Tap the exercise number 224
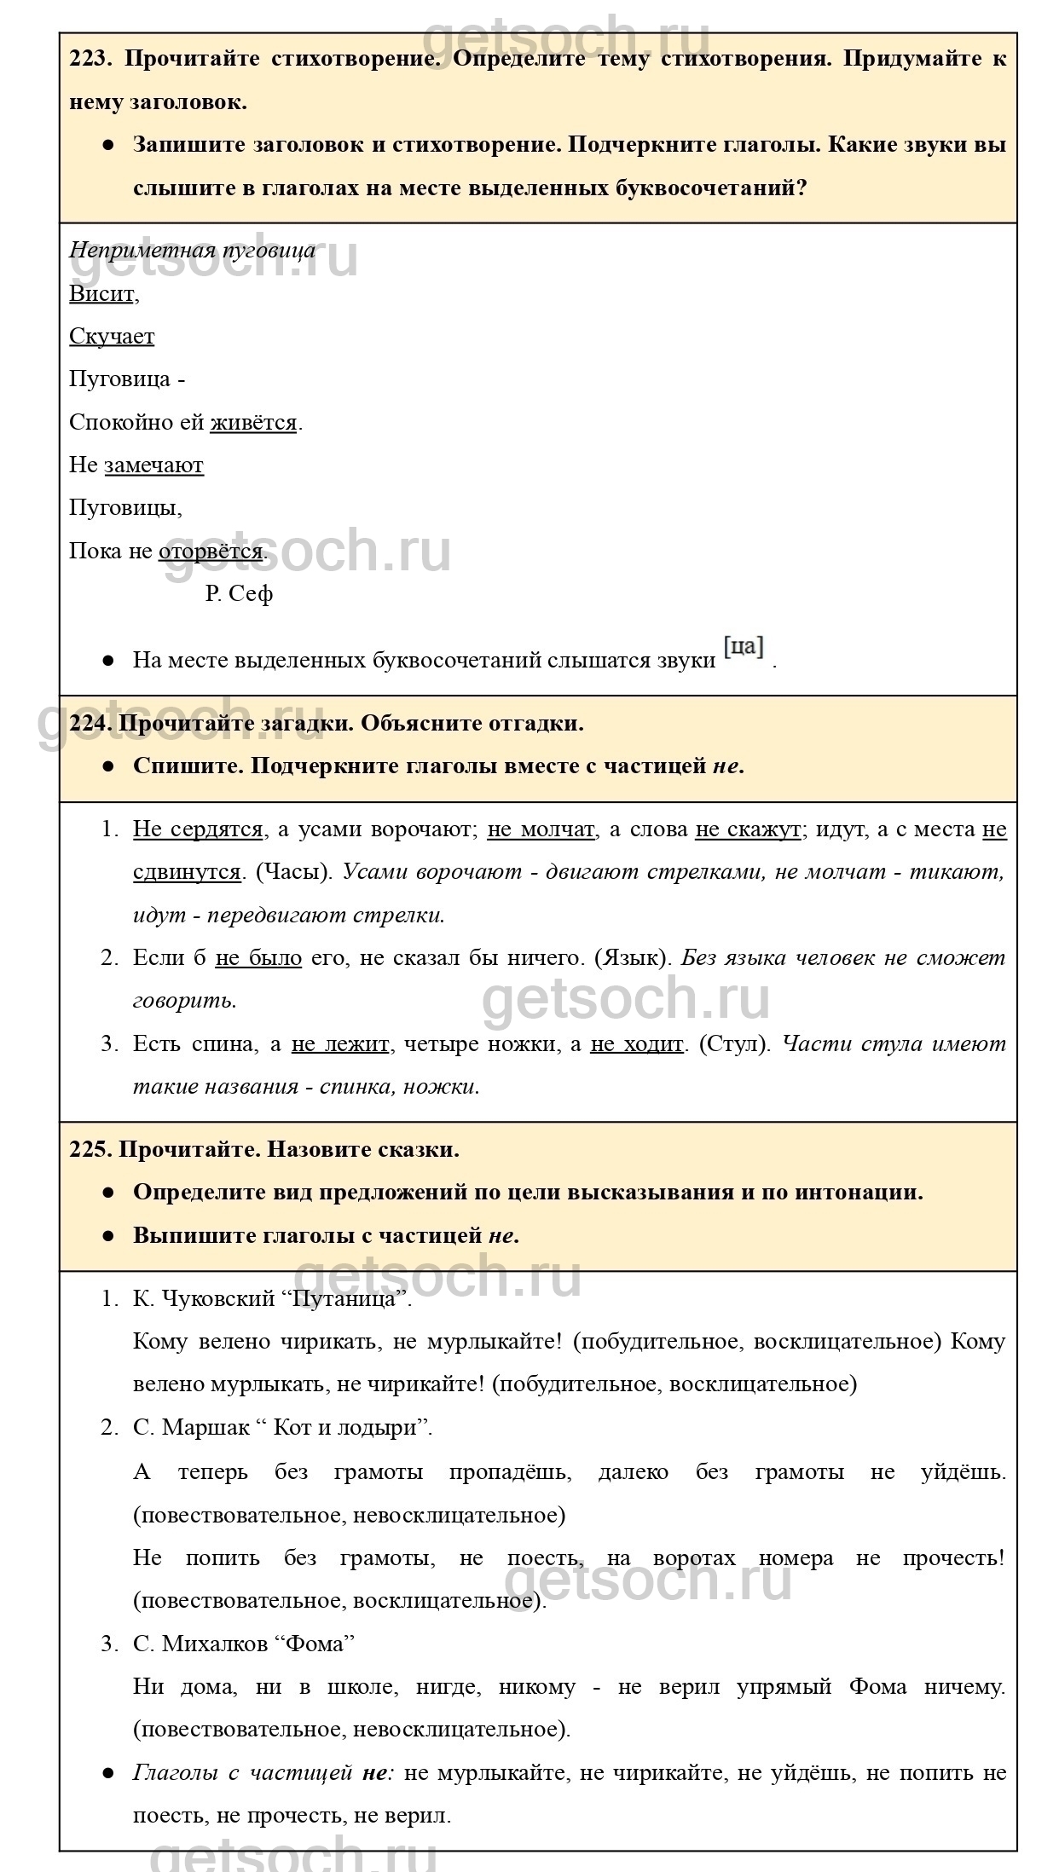point(89,723)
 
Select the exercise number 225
point(89,1149)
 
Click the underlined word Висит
point(101,294)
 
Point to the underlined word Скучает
point(112,337)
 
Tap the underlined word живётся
point(253,423)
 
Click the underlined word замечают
point(153,465)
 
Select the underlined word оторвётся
point(211,552)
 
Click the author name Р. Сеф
point(239,594)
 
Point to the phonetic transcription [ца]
point(744,647)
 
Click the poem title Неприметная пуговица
point(192,251)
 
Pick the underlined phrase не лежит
point(340,1044)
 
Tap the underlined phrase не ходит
point(637,1044)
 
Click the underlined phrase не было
point(258,958)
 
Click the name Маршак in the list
point(205,1428)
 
